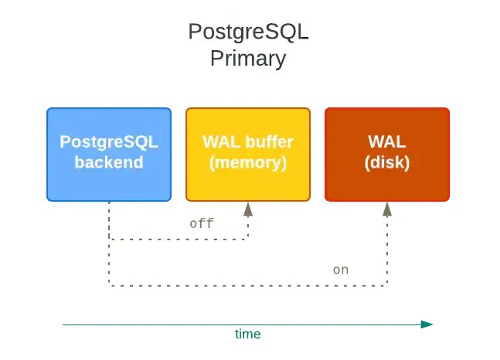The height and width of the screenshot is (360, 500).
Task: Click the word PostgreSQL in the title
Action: [x=248, y=32]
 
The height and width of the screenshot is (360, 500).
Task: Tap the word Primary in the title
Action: [x=248, y=59]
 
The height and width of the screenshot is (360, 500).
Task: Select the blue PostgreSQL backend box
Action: [x=109, y=155]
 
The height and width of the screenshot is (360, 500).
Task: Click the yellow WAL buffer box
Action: [x=248, y=155]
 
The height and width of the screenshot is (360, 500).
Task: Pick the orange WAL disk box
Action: [x=387, y=155]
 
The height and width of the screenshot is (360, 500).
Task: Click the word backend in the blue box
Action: [x=109, y=162]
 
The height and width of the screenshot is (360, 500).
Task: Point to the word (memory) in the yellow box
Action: [x=248, y=163]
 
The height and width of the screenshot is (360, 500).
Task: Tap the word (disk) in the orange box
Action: [x=387, y=163]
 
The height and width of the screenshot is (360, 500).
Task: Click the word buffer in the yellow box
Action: [x=270, y=142]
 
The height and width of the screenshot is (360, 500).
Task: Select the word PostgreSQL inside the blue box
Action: [x=109, y=142]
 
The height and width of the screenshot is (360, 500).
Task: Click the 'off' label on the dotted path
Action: [x=201, y=223]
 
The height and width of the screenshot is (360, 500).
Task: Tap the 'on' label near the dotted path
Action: [x=341, y=270]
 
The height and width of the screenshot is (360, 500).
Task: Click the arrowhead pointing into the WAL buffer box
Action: [x=248, y=209]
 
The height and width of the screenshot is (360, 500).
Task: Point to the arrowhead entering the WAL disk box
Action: [x=387, y=209]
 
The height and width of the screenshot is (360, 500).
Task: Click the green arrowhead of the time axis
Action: [x=427, y=324]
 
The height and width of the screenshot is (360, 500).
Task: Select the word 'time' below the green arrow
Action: [x=248, y=335]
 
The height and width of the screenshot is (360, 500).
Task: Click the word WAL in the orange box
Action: [x=387, y=141]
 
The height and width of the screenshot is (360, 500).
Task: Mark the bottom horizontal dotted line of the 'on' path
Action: [x=248, y=285]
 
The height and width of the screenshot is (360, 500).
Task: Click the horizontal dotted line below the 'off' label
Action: [x=179, y=239]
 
